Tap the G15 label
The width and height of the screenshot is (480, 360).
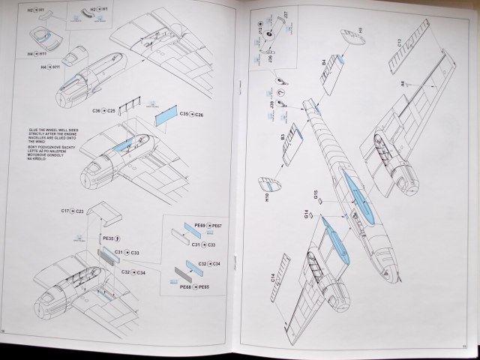[x=317, y=196]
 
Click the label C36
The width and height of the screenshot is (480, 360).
[x=97, y=110]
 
